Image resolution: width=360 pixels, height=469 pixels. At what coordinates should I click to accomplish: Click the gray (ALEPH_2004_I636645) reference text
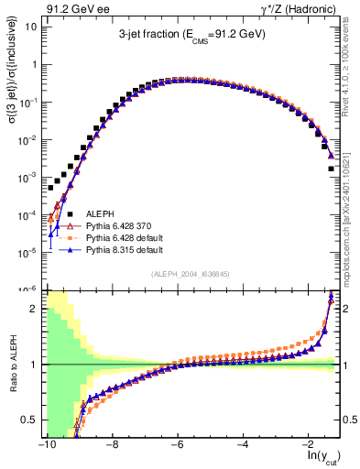191,274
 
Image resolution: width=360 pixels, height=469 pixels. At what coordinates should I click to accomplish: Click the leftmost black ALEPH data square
51,187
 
